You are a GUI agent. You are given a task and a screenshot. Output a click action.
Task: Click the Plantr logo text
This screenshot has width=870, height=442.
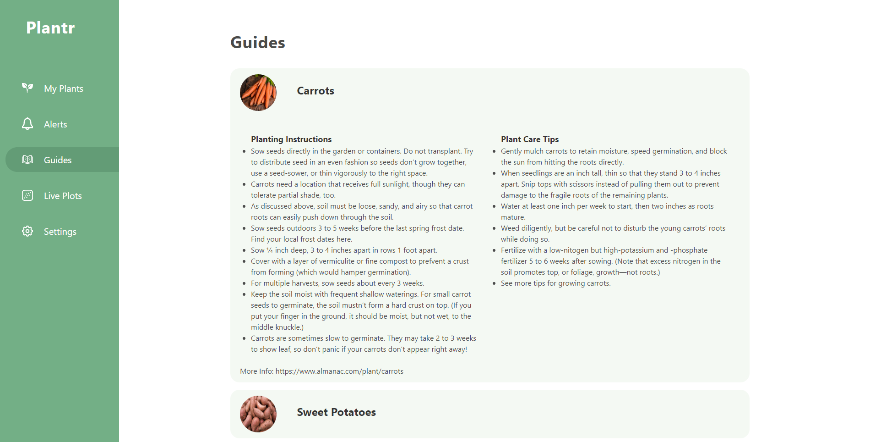(x=50, y=28)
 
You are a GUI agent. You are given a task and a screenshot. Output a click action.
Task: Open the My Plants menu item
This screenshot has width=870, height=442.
(x=63, y=88)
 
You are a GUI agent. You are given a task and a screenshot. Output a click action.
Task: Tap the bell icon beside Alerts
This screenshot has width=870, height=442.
(x=27, y=124)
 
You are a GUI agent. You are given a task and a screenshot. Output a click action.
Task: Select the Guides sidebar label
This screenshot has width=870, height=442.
(x=58, y=160)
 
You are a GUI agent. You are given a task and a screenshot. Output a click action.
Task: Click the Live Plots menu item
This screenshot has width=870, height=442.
(x=63, y=196)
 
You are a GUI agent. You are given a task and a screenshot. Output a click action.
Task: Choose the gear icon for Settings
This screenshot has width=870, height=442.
(x=27, y=231)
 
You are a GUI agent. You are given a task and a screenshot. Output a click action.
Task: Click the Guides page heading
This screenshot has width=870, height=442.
(x=258, y=43)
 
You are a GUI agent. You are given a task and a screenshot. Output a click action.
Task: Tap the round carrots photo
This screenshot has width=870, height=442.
(x=258, y=93)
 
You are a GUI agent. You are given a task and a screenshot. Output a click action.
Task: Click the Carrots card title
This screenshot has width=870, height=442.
(x=315, y=91)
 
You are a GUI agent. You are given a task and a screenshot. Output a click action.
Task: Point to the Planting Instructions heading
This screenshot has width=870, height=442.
(x=291, y=139)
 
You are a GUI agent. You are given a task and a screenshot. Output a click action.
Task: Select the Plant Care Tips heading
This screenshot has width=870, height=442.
(x=530, y=139)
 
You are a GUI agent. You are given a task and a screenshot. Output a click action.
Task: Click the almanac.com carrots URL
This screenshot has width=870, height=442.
(x=339, y=371)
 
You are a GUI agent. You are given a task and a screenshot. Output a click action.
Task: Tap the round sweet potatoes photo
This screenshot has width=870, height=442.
(x=258, y=414)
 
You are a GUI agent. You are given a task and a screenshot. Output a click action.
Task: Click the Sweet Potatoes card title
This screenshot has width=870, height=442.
(x=336, y=412)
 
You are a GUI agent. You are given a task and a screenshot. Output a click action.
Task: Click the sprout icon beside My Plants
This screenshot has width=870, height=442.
(x=27, y=88)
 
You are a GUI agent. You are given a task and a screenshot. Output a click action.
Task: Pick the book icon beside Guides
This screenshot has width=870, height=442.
(x=27, y=160)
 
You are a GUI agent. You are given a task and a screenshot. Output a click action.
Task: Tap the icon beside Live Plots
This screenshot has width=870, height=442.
(x=27, y=195)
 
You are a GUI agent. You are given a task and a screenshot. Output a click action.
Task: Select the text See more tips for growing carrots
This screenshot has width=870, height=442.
(x=555, y=283)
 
